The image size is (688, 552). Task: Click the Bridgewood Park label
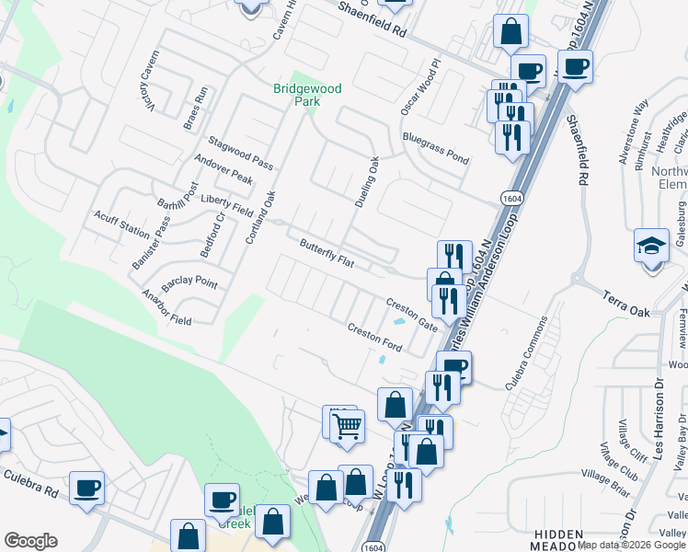307,95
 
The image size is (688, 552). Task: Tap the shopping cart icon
348,426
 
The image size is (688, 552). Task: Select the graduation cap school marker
651,247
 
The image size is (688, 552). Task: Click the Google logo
30,541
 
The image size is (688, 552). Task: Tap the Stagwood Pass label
240,152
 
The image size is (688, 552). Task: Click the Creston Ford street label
374,336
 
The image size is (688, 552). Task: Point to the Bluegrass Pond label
435,147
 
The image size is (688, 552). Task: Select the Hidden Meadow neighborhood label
556,540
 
